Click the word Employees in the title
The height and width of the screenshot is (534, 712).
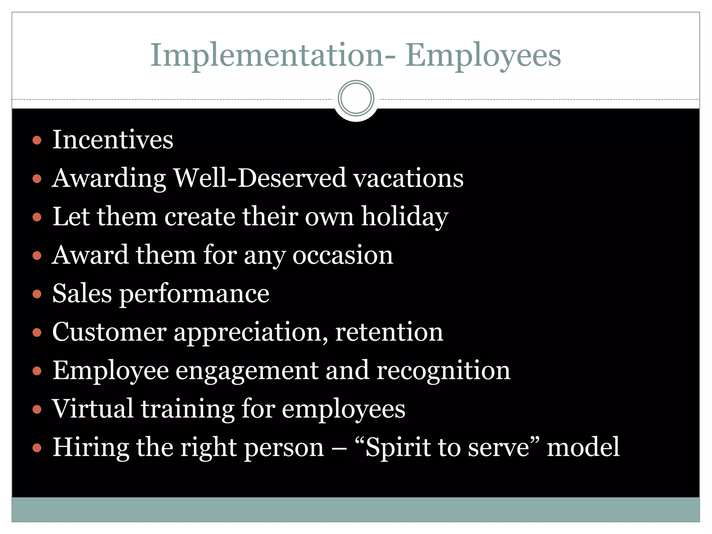pos(483,56)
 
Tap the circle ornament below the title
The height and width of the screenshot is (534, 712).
pos(356,98)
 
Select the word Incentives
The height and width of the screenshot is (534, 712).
pos(113,139)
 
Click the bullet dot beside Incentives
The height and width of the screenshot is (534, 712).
pos(37,140)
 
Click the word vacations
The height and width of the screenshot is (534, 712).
pos(408,178)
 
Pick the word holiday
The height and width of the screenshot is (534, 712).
pos(405,217)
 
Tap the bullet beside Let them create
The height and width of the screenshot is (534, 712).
pos(37,218)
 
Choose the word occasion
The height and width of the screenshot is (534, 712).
pos(342,255)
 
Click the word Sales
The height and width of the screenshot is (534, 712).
pos(82,293)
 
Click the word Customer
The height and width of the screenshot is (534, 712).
pos(109,332)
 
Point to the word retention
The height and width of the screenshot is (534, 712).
pos(389,332)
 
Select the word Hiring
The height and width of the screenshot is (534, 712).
pos(90,448)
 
